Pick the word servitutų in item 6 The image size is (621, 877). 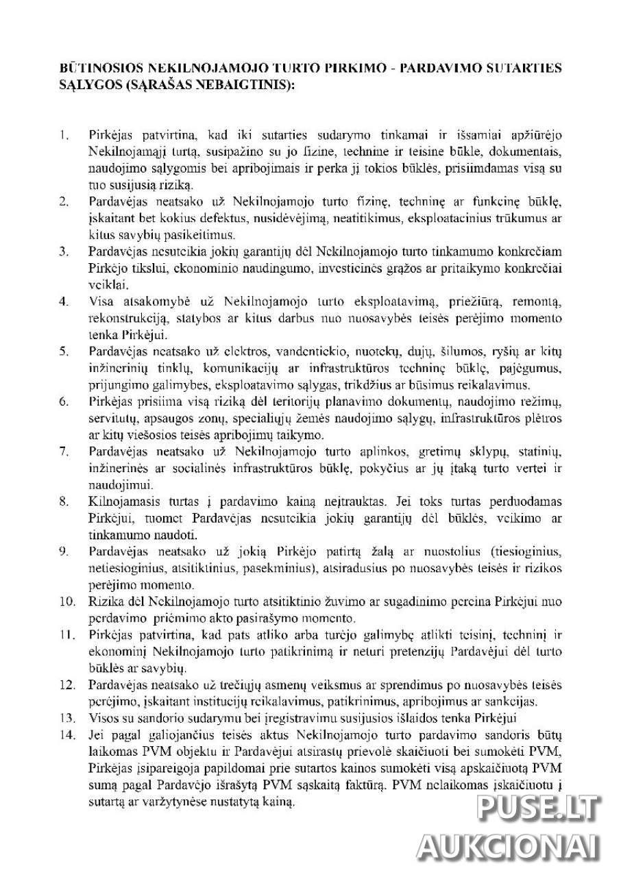[x=112, y=419]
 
